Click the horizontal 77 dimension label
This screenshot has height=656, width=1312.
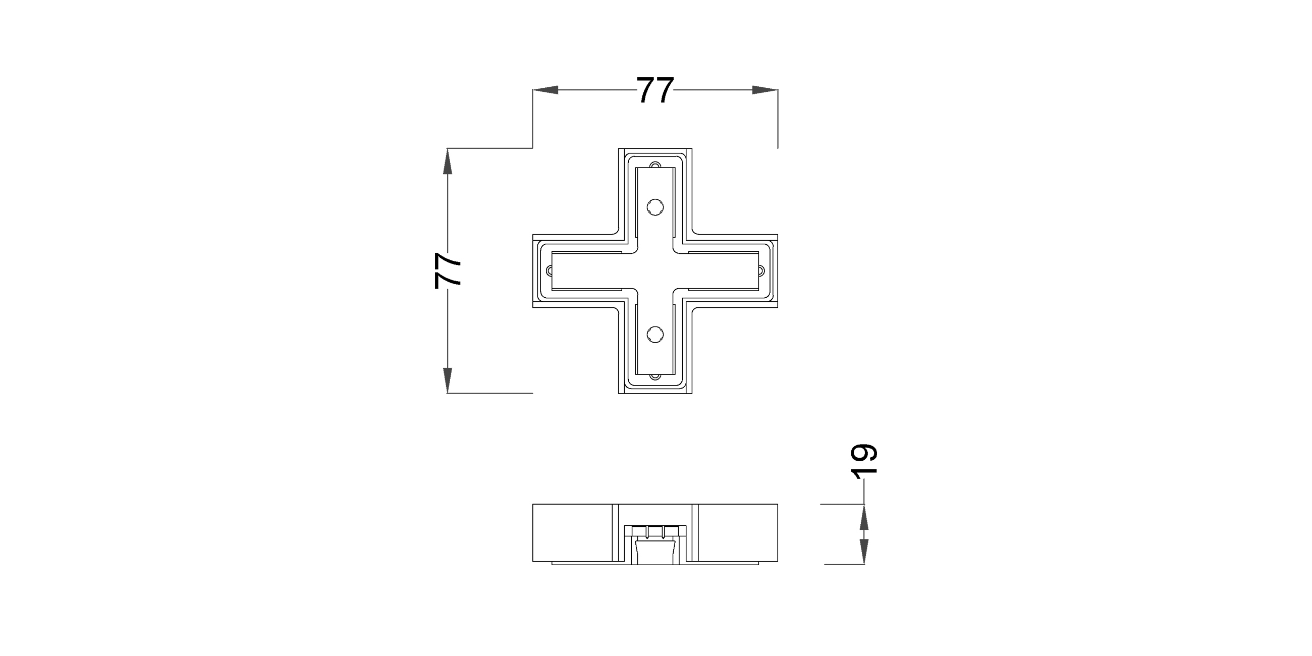point(655,90)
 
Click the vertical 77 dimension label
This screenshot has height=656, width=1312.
point(448,270)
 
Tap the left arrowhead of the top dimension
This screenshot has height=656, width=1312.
point(545,90)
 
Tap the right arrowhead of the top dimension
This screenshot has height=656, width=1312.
point(766,90)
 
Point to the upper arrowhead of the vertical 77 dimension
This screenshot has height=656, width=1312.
point(448,161)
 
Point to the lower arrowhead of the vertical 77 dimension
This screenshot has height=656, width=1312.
point(448,380)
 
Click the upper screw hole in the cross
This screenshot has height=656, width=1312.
point(655,207)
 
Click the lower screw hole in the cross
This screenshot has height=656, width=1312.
point(655,335)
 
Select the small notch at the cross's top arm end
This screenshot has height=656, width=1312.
point(655,165)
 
